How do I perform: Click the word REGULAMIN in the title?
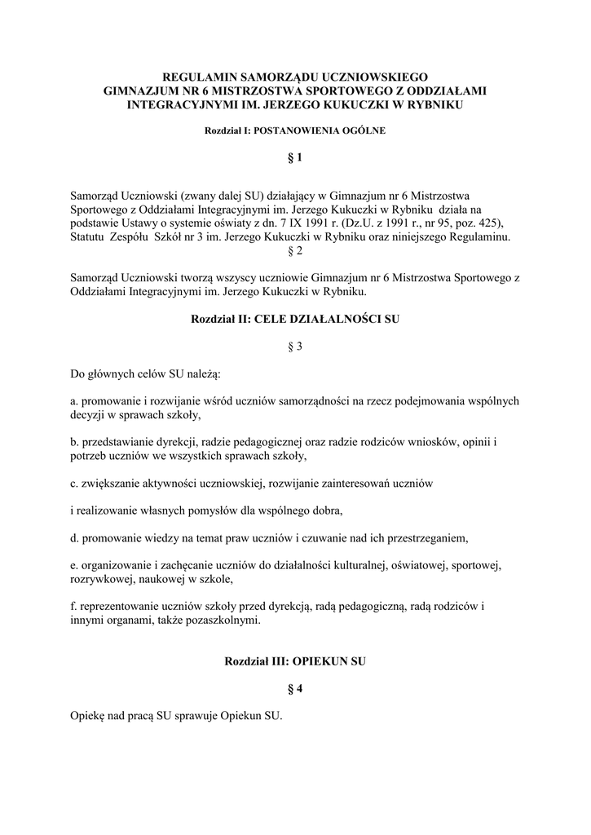194,76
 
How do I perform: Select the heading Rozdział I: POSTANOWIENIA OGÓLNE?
295,130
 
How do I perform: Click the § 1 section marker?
295,158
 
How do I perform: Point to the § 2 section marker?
295,251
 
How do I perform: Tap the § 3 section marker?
295,347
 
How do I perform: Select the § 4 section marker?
295,689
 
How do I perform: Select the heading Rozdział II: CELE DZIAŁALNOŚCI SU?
295,320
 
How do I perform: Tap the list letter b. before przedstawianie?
76,441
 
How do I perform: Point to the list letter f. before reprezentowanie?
74,606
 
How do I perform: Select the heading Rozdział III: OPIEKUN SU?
295,661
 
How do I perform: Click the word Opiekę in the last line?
88,716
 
